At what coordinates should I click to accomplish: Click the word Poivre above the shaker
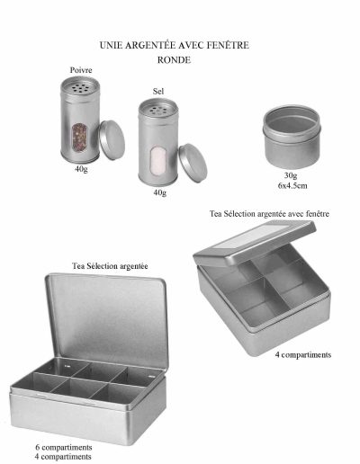(x=81, y=70)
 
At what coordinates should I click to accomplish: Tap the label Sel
(x=158, y=91)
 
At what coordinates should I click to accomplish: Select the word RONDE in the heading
(x=174, y=60)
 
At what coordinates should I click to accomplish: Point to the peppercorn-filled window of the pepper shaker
(x=79, y=138)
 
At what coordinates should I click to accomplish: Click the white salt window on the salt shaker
(x=158, y=161)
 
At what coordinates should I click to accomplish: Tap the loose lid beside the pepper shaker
(x=112, y=139)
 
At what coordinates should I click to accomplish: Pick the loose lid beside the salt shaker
(x=193, y=163)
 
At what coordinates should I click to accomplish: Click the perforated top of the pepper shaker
(x=80, y=86)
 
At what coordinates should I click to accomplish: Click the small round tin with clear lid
(x=292, y=136)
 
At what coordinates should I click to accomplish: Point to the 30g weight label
(x=291, y=175)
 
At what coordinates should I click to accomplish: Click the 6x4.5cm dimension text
(x=292, y=185)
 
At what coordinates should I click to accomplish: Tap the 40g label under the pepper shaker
(x=81, y=169)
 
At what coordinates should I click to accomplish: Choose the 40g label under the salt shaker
(x=160, y=192)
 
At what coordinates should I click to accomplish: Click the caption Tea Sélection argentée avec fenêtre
(x=269, y=214)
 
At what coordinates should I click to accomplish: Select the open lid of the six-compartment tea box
(x=107, y=320)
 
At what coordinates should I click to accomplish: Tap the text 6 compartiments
(x=64, y=448)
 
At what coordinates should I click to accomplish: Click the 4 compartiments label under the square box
(x=303, y=355)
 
